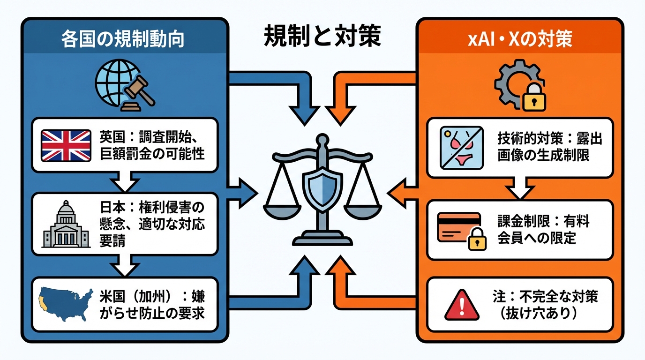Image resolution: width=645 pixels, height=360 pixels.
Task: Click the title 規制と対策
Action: coord(322,37)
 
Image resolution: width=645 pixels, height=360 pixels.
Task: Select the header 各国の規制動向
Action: coord(122,39)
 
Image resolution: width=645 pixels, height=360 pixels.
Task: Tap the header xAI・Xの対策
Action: coord(520,39)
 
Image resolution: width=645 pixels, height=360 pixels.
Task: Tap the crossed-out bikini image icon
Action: coord(462,147)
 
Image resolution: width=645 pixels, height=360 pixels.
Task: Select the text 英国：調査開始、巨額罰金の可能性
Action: coord(152,145)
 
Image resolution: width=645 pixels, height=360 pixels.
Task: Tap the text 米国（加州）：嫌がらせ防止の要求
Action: coord(152,304)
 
